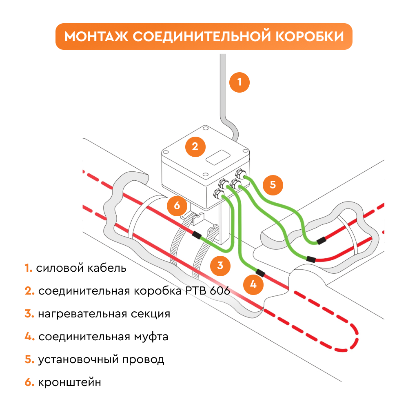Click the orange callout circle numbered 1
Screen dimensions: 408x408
pyautogui.click(x=239, y=82)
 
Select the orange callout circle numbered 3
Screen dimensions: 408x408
pyautogui.click(x=220, y=266)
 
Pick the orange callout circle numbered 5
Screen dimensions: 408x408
pyautogui.click(x=273, y=184)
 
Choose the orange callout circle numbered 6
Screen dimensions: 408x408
pyautogui.click(x=177, y=205)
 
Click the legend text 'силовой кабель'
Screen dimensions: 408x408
pyautogui.click(x=81, y=268)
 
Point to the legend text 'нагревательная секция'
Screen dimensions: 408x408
pyautogui.click(x=104, y=314)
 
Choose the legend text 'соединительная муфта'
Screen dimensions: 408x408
pyautogui.click(x=103, y=337)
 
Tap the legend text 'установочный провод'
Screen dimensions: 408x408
pyautogui.click(x=101, y=360)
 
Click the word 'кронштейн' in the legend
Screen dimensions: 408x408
pyautogui.click(x=69, y=383)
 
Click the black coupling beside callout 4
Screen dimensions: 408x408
pyautogui.click(x=258, y=272)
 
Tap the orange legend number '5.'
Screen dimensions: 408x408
pyautogui.click(x=29, y=360)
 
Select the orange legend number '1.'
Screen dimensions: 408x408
pyautogui.click(x=28, y=268)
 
